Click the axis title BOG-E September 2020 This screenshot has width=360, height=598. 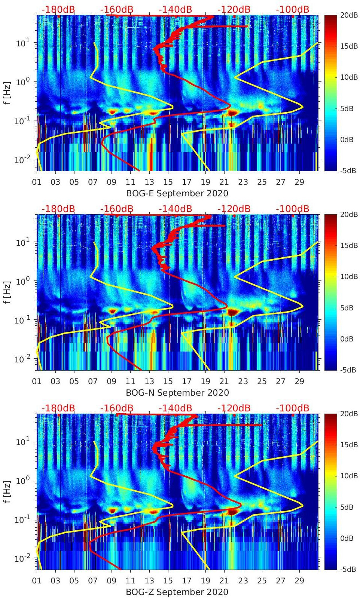coord(177,193)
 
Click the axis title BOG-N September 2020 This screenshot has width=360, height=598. coord(177,393)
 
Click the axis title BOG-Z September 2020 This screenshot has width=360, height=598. coord(177,592)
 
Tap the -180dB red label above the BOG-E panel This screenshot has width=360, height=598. coord(58,9)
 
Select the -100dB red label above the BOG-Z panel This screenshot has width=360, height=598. coord(292,408)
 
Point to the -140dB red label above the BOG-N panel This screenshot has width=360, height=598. coord(175,209)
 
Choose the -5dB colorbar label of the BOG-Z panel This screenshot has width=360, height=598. coord(348,569)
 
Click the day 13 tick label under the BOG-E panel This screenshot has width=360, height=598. coord(149,182)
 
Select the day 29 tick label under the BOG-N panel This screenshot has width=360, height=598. coord(299,381)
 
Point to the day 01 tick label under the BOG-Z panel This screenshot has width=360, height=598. coord(37,581)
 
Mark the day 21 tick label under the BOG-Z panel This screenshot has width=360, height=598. coord(224,581)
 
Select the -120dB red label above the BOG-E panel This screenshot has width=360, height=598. coord(234,9)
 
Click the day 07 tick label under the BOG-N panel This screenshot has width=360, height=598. coord(93,381)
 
